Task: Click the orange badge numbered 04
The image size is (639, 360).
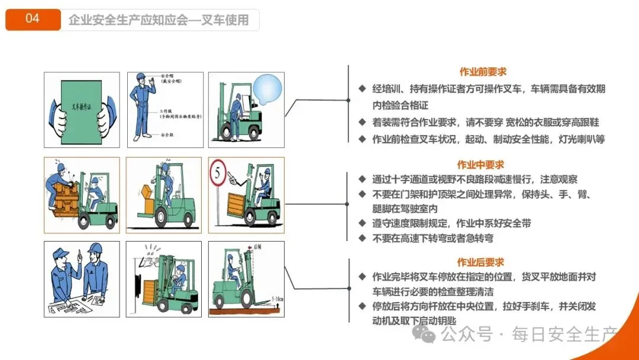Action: point(33,19)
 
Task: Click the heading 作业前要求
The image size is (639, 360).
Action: point(483,72)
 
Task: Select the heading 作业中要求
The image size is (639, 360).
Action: point(480,165)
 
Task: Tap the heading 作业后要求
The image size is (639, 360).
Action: point(480,262)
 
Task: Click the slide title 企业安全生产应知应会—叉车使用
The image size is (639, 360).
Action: point(159,20)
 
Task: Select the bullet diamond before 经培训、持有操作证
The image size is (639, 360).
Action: point(362,89)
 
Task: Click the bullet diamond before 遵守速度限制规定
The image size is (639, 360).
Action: point(362,223)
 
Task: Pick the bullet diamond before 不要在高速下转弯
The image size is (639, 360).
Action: point(362,238)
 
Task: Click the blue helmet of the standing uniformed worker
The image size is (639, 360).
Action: point(141,77)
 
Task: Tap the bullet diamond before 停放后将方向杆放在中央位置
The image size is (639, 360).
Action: point(362,306)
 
